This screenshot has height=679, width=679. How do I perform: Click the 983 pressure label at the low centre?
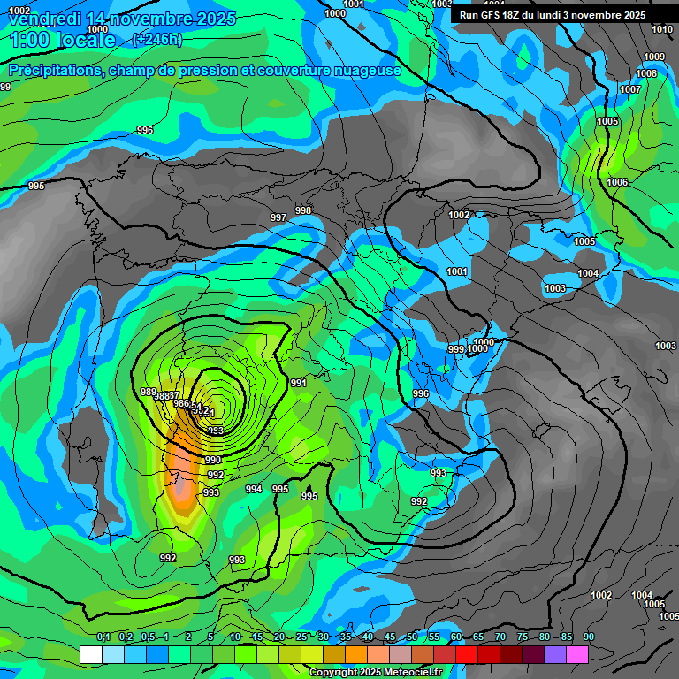(x=215, y=431)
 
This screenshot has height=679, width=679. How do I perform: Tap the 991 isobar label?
(x=298, y=383)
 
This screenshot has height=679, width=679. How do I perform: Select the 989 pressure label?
(x=149, y=392)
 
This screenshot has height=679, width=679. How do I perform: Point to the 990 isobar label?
(x=213, y=461)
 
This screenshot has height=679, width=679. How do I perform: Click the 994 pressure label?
(x=254, y=489)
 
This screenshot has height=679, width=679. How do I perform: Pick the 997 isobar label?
(x=278, y=217)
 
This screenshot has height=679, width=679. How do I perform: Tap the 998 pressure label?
(x=303, y=210)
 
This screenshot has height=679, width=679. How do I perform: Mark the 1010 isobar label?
(x=662, y=29)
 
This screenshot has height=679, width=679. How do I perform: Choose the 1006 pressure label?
(x=617, y=182)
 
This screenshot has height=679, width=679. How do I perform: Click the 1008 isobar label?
(x=646, y=73)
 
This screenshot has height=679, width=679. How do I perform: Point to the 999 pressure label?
(x=455, y=350)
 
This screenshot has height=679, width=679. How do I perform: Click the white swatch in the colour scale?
(x=90, y=654)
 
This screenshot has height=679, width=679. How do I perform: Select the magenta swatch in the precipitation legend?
(x=577, y=654)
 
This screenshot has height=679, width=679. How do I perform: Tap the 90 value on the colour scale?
(x=588, y=637)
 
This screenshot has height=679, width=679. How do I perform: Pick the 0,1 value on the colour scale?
(x=103, y=637)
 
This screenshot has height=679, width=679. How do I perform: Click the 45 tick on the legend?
(x=390, y=637)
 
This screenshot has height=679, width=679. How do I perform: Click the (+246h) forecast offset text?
(x=156, y=39)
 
